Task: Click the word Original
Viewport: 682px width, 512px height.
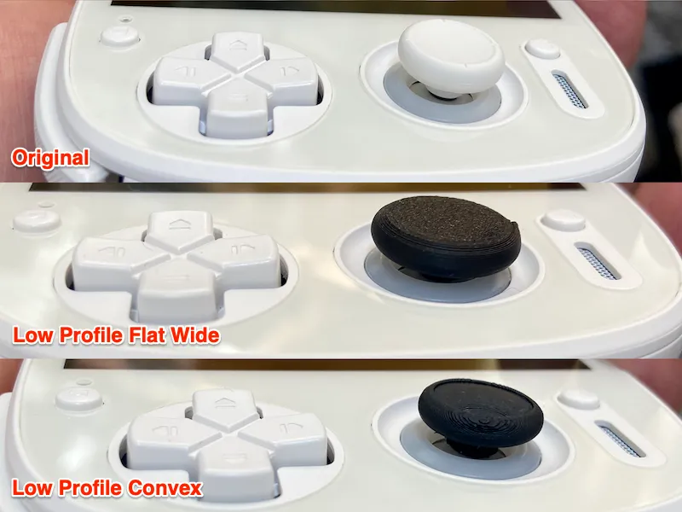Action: point(50,158)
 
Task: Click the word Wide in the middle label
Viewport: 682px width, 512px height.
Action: point(195,335)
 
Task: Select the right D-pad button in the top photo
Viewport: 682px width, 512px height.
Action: point(284,79)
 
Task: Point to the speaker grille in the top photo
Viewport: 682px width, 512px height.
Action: point(570,91)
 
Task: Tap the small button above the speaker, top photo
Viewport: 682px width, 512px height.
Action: point(542,49)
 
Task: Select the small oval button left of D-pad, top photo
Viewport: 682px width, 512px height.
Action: point(119,35)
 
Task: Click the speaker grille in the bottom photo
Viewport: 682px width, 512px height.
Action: point(620,439)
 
